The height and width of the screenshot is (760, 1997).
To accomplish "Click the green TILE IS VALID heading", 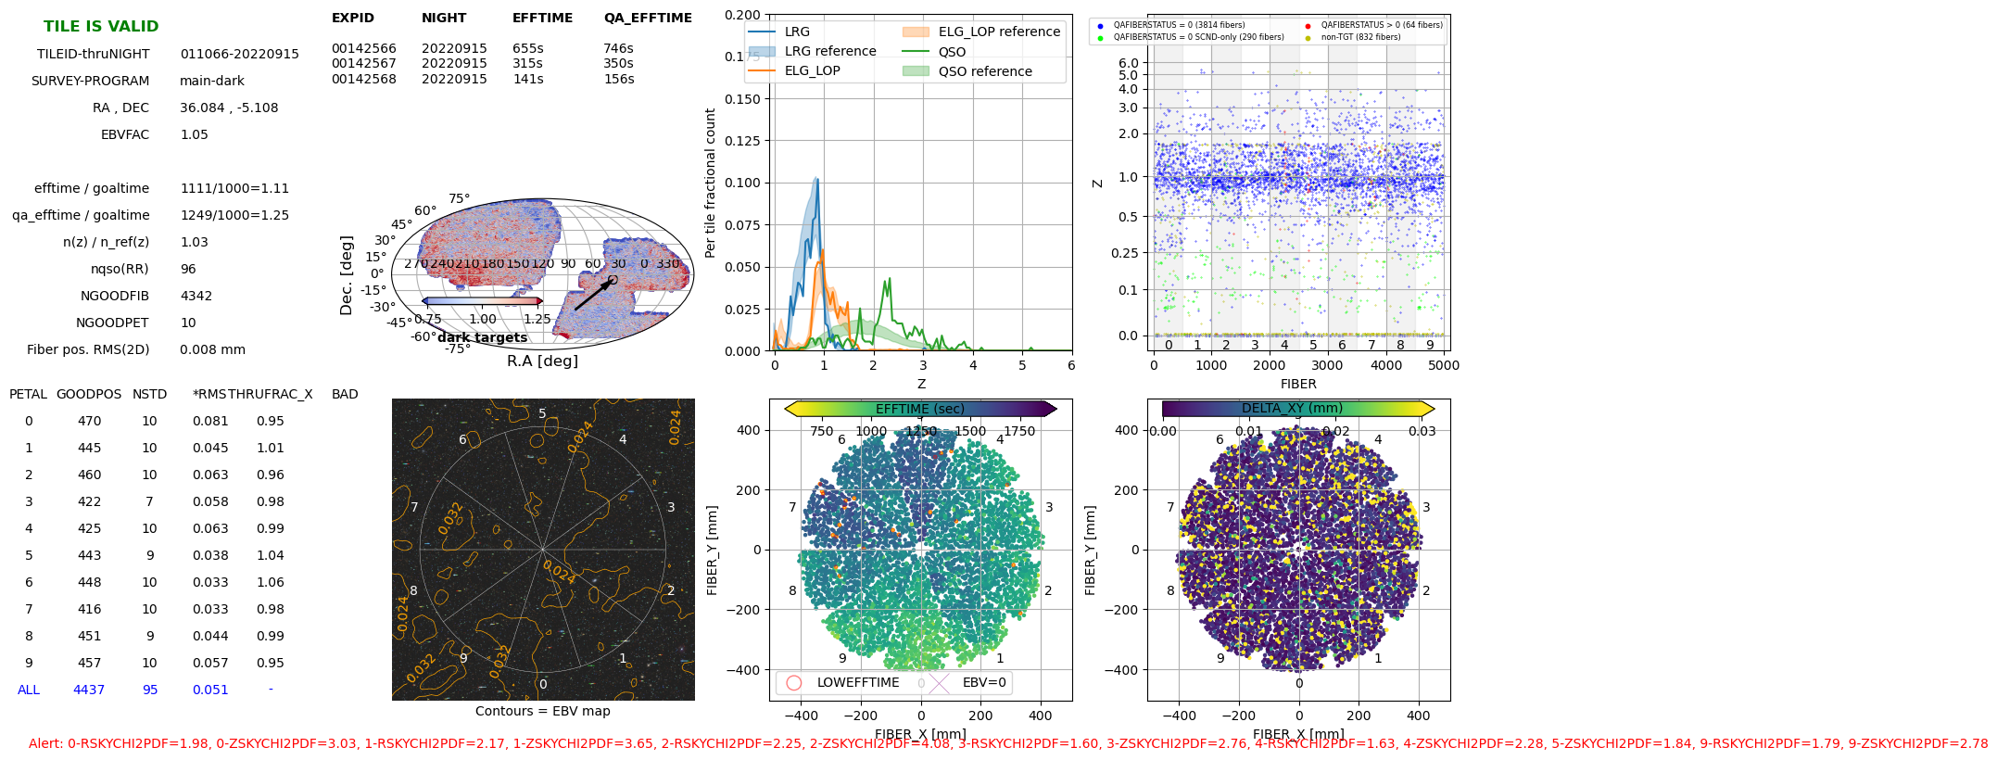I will coord(101,26).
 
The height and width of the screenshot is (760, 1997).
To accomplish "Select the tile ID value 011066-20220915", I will coord(239,54).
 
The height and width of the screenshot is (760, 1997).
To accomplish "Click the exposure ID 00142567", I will coord(364,63).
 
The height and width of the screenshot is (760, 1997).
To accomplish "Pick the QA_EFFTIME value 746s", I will coord(618,48).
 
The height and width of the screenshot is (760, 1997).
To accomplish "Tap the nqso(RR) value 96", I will coord(188,269).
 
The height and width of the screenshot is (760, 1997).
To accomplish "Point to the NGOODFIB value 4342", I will coord(196,296).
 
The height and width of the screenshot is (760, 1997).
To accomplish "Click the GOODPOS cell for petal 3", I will coord(89,501).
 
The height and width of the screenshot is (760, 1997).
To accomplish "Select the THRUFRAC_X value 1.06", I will coord(271,582).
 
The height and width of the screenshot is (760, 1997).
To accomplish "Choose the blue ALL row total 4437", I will coord(89,690).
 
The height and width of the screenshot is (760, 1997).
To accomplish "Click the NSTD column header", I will coord(149,394).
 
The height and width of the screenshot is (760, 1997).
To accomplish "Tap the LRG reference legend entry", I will coord(829,51).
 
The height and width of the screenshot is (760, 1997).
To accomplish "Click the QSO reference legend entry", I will coord(984,71).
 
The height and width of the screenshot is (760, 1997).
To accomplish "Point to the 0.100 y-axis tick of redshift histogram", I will coord(742,183).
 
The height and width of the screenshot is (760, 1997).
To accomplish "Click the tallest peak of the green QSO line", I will coord(890,279).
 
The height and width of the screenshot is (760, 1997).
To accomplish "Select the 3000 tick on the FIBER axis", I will coord(1327,365).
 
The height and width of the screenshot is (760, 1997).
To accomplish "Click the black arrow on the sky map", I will coord(593,296).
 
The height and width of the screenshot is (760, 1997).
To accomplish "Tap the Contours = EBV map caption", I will coord(542,711).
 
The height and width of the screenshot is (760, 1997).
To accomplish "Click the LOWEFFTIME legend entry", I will coord(857,682).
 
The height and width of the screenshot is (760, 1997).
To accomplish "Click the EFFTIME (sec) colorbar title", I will coord(919,409).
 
